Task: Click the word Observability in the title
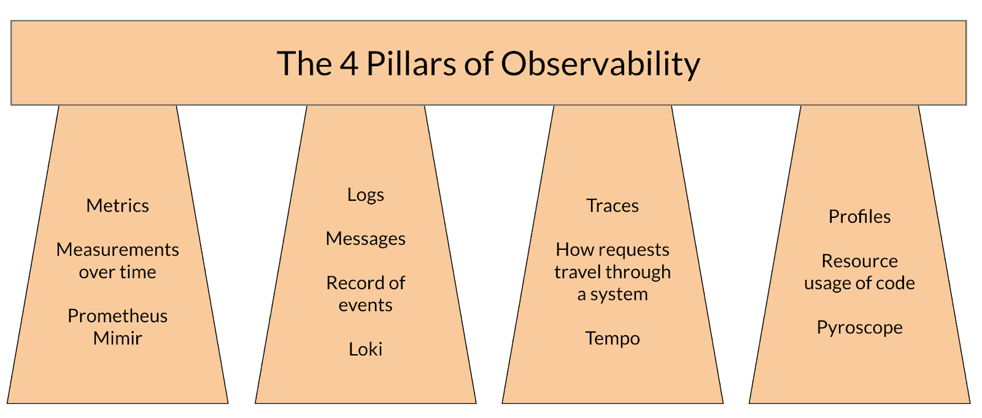click(600, 64)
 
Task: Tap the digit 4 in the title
click(349, 64)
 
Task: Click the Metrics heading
click(117, 206)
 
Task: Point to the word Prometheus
click(117, 316)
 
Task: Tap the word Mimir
click(117, 338)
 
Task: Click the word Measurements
click(117, 250)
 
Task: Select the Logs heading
click(365, 195)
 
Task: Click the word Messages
click(365, 239)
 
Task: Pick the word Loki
click(365, 349)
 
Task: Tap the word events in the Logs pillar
click(365, 305)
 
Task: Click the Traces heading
click(612, 206)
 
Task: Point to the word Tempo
click(612, 338)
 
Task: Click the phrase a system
click(612, 295)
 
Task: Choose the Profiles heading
click(859, 217)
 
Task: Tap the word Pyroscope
click(859, 328)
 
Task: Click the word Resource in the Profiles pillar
click(859, 261)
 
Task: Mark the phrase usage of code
click(859, 283)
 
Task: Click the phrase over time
click(117, 272)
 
